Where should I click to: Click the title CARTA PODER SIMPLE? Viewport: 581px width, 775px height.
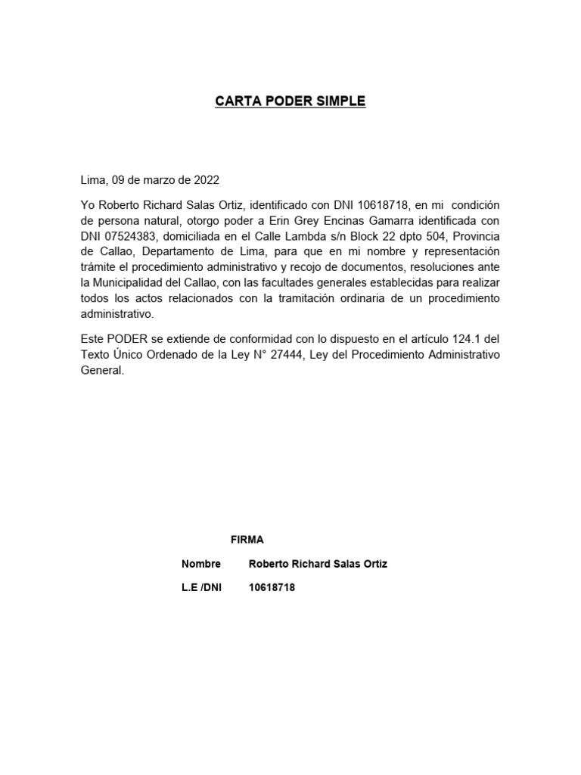(x=290, y=101)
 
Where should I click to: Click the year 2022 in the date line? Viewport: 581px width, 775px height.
(x=207, y=180)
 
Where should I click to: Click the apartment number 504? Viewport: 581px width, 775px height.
(x=434, y=236)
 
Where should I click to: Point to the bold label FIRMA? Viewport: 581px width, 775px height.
(x=247, y=540)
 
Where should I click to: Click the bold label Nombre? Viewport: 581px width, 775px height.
(x=201, y=564)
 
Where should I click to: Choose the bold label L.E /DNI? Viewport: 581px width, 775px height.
(x=202, y=588)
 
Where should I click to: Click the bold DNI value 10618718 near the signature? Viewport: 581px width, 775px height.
(x=272, y=588)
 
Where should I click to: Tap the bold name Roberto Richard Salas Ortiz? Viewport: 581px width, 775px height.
(x=318, y=564)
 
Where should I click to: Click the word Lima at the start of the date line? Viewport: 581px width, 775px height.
(x=93, y=180)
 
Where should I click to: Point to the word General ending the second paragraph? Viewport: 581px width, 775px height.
(x=101, y=372)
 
